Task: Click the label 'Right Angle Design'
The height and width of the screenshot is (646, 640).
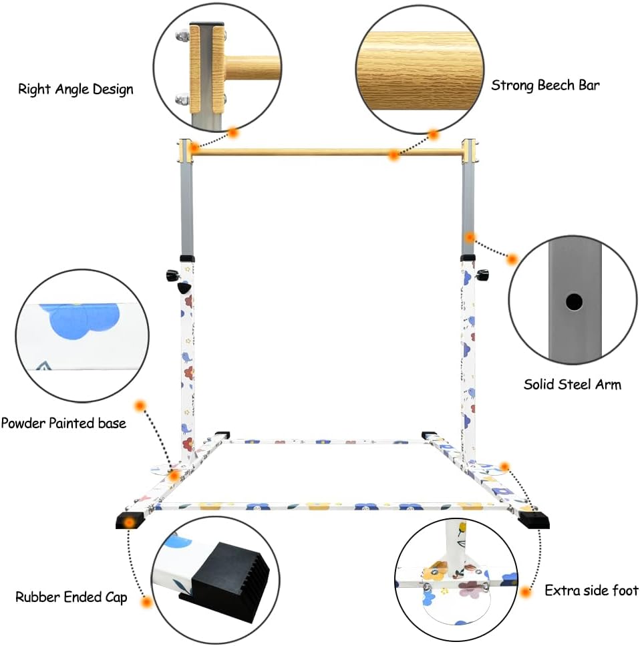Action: [75, 89]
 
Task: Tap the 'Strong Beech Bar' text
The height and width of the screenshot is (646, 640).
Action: [545, 85]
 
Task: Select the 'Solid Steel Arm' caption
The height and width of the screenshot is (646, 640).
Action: [572, 384]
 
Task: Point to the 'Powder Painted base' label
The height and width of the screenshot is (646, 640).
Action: [63, 423]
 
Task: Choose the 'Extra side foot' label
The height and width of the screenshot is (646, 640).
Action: [591, 591]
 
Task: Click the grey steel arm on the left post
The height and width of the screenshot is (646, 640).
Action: [186, 207]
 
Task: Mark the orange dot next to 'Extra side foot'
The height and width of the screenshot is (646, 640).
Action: [526, 591]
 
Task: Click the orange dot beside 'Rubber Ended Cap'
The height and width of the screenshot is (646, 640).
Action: [146, 602]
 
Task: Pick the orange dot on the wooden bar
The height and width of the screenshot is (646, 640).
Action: [394, 156]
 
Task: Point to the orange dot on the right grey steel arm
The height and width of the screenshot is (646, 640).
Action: [470, 237]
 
